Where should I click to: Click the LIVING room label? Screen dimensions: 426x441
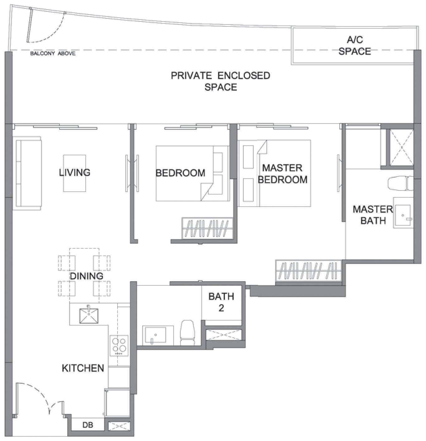pyautogui.click(x=74, y=173)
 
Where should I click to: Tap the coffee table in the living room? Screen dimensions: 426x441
pyautogui.click(x=74, y=173)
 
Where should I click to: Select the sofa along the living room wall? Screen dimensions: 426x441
pyautogui.click(x=27, y=173)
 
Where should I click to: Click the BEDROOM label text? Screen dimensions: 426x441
pyautogui.click(x=180, y=173)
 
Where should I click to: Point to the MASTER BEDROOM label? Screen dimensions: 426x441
pyautogui.click(x=283, y=174)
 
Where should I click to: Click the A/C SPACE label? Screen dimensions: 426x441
pyautogui.click(x=355, y=45)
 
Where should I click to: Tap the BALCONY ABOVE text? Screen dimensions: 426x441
pyautogui.click(x=53, y=54)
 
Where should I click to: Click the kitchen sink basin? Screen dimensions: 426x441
pyautogui.click(x=89, y=316)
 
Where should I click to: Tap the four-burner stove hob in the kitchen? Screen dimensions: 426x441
pyautogui.click(x=119, y=345)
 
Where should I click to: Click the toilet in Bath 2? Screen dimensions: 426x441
pyautogui.click(x=188, y=333)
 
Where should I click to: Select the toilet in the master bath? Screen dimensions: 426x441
pyautogui.click(x=400, y=183)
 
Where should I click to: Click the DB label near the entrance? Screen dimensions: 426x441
pyautogui.click(x=88, y=425)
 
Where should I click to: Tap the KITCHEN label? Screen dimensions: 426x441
pyautogui.click(x=83, y=368)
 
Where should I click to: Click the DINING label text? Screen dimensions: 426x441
pyautogui.click(x=86, y=276)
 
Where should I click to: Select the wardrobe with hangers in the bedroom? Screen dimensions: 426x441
pyautogui.click(x=207, y=228)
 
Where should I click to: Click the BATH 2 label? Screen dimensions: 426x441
pyautogui.click(x=221, y=302)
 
